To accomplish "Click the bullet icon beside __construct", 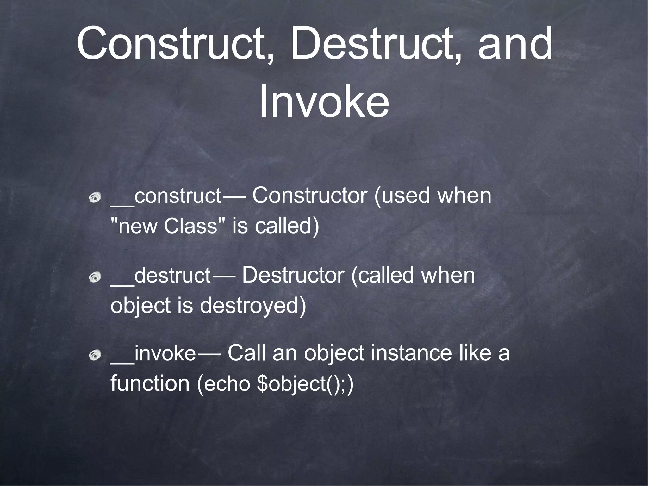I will pyautogui.click(x=95, y=198).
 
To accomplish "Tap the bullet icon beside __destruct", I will pyautogui.click(x=95, y=277).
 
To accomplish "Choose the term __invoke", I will pyautogui.click(x=153, y=353).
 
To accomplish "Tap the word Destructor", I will pyautogui.click(x=293, y=275).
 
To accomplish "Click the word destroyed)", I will pyautogui.click(x=253, y=305).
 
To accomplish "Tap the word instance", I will pyautogui.click(x=412, y=353).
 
